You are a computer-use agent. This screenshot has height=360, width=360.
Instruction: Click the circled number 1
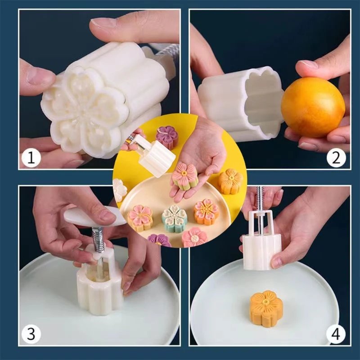(31, 158)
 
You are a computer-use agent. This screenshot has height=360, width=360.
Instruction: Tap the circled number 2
(336, 158)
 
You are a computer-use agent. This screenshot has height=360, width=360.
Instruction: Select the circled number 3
(31, 334)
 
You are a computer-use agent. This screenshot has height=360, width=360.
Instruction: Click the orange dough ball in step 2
(313, 107)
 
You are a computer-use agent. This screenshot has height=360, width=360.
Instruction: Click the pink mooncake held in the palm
(185, 176)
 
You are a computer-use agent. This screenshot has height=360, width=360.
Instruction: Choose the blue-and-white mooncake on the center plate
(174, 217)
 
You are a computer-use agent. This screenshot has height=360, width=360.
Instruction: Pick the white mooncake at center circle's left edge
(119, 189)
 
